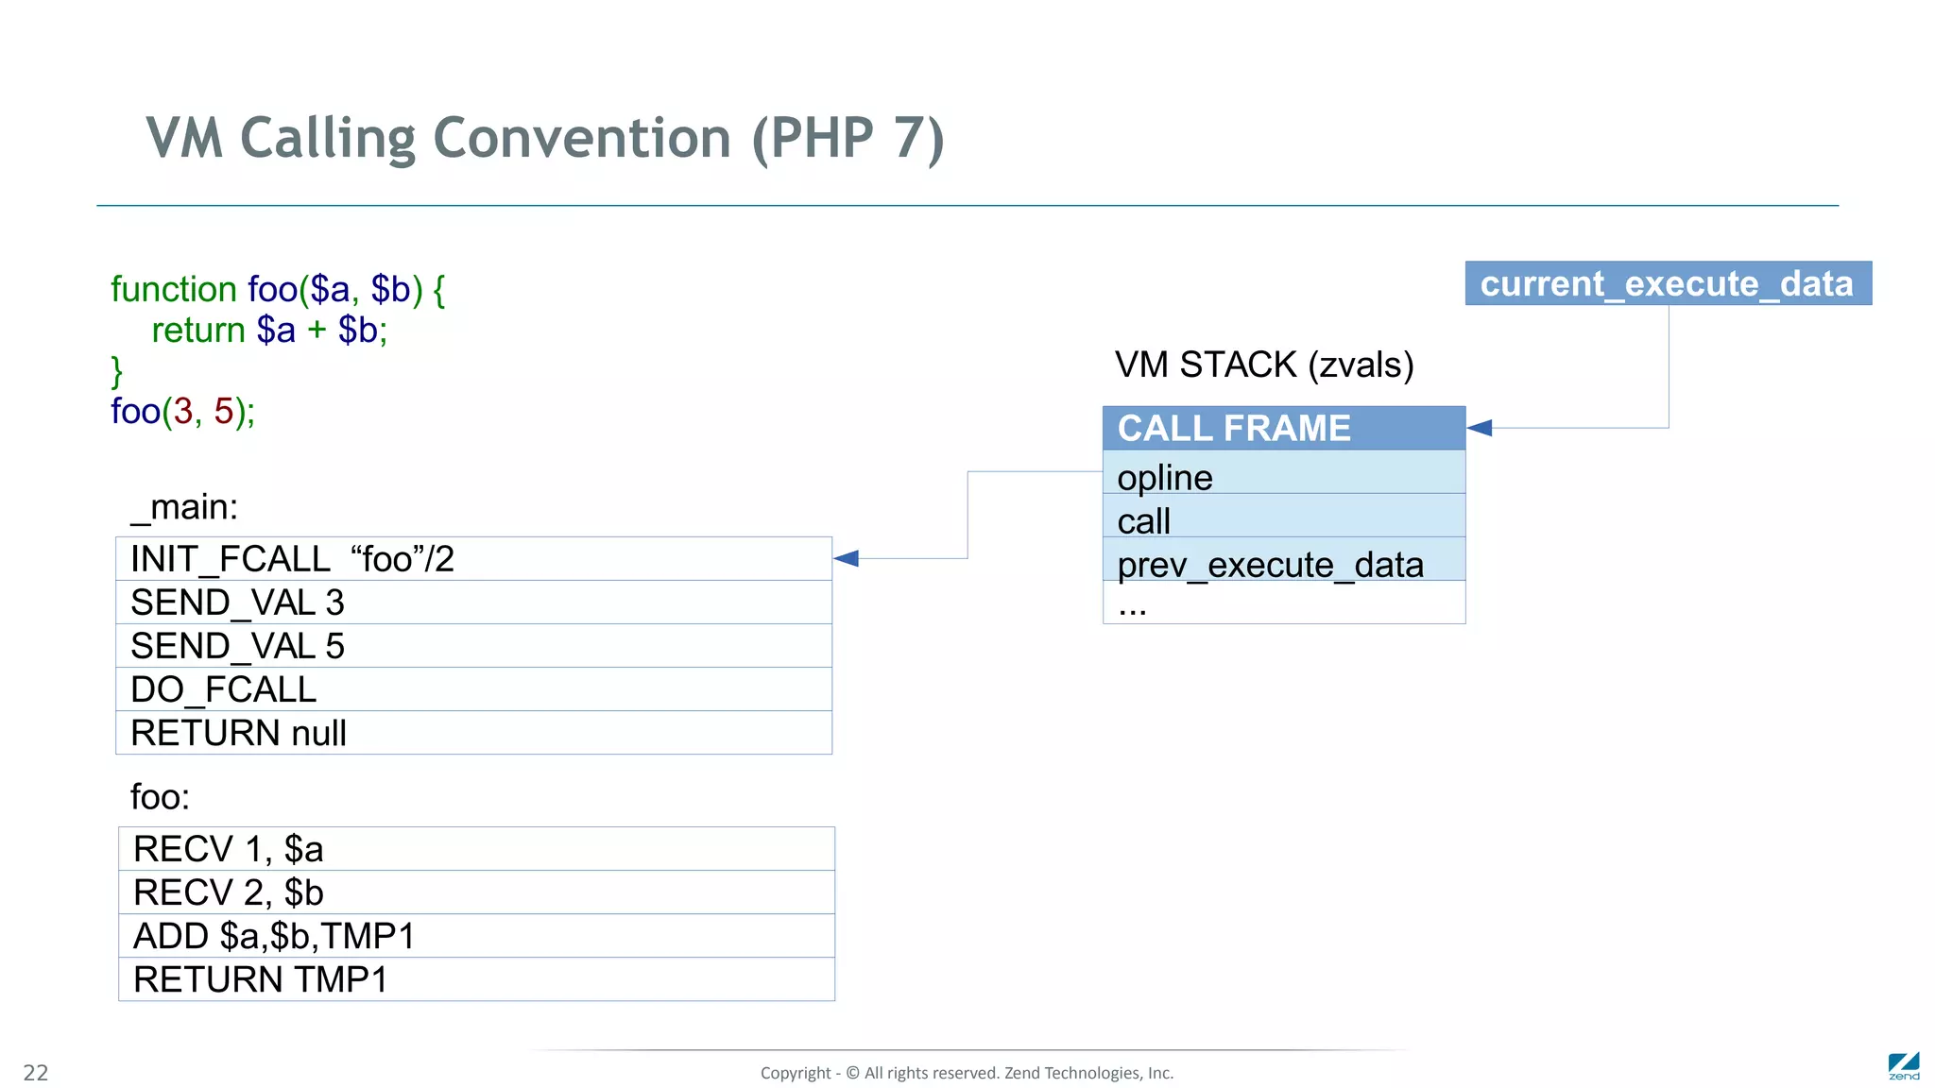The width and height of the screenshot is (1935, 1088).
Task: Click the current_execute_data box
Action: (x=1668, y=283)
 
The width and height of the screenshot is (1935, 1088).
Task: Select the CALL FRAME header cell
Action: (x=1283, y=428)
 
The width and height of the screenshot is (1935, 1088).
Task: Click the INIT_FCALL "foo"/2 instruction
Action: (x=472, y=558)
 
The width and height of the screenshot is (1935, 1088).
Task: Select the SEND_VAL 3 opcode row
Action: (x=472, y=602)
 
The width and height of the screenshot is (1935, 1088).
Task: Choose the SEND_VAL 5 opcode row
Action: (x=472, y=645)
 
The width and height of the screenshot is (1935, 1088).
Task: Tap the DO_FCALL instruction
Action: (x=472, y=688)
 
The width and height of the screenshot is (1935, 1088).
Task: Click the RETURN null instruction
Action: (x=472, y=732)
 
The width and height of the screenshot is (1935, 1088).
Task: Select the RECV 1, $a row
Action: (x=475, y=848)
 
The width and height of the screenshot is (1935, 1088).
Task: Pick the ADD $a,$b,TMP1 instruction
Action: (x=475, y=935)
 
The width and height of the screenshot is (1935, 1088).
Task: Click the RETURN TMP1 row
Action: (x=475, y=978)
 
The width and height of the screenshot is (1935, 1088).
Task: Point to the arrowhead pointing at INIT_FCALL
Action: (x=847, y=558)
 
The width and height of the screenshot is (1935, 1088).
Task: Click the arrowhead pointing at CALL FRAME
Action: (x=1480, y=428)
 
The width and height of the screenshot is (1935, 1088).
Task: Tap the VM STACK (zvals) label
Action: (x=1263, y=365)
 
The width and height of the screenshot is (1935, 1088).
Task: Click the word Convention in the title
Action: (x=581, y=138)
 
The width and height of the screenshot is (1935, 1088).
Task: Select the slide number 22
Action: (x=35, y=1072)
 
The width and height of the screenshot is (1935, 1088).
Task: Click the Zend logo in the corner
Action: (x=1903, y=1065)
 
